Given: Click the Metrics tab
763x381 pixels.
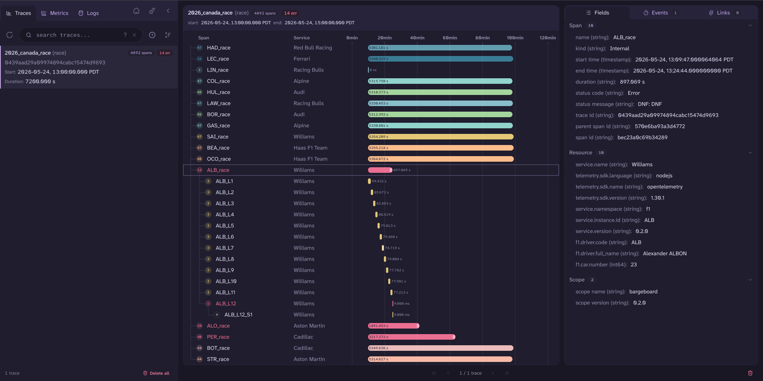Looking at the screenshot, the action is tap(55, 13).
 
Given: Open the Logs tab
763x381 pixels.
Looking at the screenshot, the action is tap(88, 13).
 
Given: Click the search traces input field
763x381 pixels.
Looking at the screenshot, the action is tap(77, 35).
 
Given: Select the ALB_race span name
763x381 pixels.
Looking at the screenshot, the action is tap(218, 170).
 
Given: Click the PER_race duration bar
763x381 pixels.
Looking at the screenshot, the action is tap(411, 337).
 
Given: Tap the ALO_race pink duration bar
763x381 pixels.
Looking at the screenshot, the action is tap(393, 326).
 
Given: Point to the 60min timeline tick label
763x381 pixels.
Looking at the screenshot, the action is tap(450, 38).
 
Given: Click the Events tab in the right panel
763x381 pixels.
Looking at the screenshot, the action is tap(660, 13).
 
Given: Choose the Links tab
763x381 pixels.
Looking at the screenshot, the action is tap(724, 13).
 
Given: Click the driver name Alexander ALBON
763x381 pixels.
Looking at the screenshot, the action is tap(664, 253).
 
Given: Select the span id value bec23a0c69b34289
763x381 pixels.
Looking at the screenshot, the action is tap(642, 137).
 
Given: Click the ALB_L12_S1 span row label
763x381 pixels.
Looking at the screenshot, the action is tap(238, 315).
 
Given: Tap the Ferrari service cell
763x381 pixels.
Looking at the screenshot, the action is tap(302, 59).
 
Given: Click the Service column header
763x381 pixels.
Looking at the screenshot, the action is tap(301, 38).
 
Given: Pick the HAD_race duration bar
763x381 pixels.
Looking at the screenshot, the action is tap(440, 48).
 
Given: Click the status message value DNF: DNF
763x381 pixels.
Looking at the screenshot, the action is tap(650, 104).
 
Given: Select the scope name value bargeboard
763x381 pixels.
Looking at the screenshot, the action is tap(643, 292).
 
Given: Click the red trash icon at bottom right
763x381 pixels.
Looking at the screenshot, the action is tap(750, 373).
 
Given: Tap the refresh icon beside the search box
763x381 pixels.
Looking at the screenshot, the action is tap(10, 35).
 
